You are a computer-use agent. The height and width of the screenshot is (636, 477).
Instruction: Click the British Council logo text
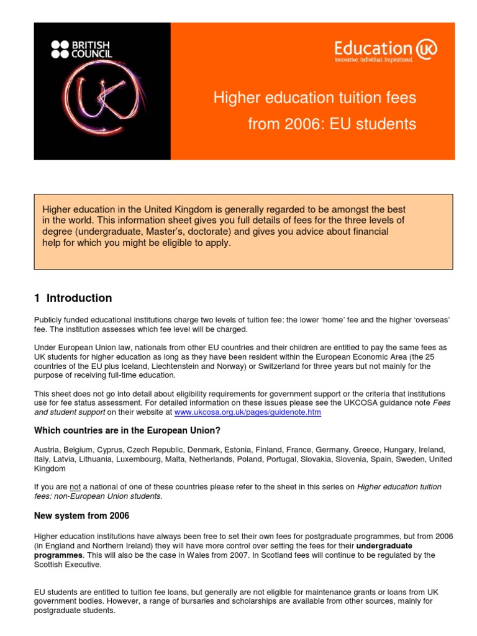pos(80,49)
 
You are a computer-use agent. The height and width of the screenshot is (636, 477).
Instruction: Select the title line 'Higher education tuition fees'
pos(315,98)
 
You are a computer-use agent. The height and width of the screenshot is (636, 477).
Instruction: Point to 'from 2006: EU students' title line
pos(332,124)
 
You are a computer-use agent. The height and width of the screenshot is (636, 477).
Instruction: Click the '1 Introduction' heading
pos(73,298)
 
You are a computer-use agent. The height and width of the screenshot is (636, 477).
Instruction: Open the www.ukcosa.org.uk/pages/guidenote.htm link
pos(247,412)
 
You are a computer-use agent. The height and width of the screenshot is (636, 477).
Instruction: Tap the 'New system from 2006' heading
pos(81,516)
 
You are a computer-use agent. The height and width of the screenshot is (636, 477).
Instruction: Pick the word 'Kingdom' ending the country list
pos(50,469)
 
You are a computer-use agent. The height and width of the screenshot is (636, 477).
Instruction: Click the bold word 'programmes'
pos(58,555)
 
